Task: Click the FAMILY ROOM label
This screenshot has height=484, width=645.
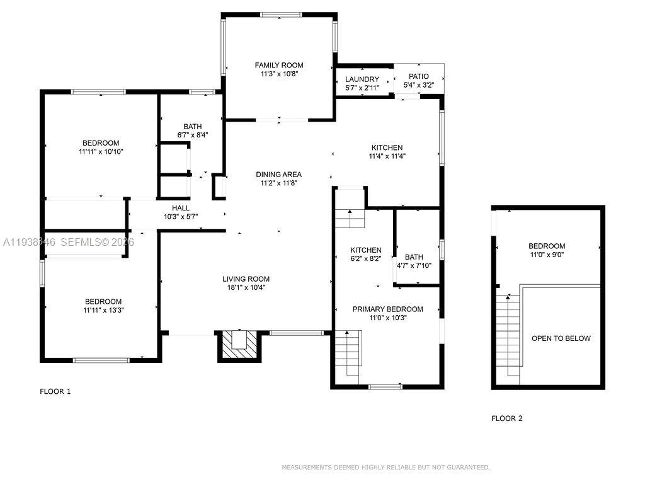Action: click(278, 65)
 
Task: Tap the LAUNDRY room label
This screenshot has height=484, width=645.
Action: click(362, 79)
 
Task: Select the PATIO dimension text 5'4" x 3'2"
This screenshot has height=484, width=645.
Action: click(419, 85)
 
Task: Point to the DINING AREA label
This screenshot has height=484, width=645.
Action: click(278, 175)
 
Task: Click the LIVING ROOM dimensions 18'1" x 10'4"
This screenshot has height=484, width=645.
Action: click(246, 287)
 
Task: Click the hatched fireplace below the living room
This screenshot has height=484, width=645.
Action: click(239, 345)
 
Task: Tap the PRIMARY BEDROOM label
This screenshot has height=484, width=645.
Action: click(387, 309)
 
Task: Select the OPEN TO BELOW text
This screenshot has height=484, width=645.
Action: click(561, 338)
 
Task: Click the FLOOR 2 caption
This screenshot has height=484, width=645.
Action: click(507, 418)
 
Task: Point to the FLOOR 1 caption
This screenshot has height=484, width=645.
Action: click(55, 391)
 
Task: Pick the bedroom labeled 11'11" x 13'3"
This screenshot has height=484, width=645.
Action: click(102, 306)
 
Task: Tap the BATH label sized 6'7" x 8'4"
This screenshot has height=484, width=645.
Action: click(193, 126)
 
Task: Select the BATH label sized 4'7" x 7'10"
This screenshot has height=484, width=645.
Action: click(414, 257)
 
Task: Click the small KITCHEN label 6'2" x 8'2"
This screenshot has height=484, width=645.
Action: click(366, 250)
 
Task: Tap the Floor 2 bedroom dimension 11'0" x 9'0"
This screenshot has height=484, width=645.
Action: click(546, 255)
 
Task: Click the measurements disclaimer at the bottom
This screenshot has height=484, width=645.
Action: click(385, 467)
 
